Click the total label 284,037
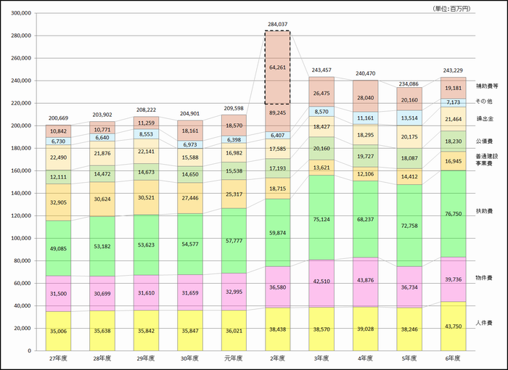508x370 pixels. pyautogui.click(x=278, y=24)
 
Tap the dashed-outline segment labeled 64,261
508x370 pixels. pyautogui.click(x=278, y=67)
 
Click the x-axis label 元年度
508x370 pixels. pyautogui.click(x=234, y=358)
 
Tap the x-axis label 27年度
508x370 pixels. pyautogui.click(x=59, y=358)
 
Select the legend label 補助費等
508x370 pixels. pyautogui.click(x=486, y=86)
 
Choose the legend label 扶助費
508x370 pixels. pyautogui.click(x=485, y=211)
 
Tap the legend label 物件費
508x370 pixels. pyautogui.click(x=485, y=277)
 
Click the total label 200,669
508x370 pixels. pyautogui.click(x=59, y=118)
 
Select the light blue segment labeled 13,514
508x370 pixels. pyautogui.click(x=410, y=118)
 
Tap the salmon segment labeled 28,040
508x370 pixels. pyautogui.click(x=366, y=96)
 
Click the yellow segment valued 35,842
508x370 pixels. pyautogui.click(x=147, y=331)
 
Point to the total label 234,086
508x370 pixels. pyautogui.click(x=410, y=81)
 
